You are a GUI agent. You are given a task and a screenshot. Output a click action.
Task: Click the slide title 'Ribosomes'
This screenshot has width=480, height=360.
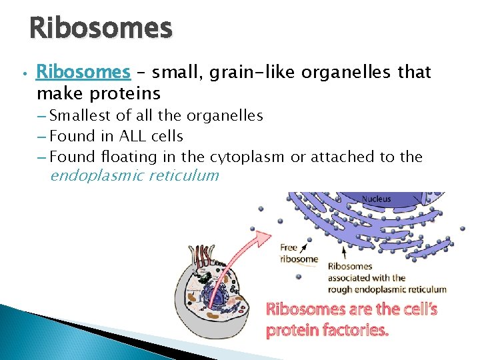(101, 29)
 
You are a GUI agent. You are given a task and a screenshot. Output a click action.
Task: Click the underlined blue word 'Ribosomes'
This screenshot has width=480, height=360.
(83, 71)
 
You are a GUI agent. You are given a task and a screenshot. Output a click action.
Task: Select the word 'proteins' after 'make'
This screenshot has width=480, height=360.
(127, 92)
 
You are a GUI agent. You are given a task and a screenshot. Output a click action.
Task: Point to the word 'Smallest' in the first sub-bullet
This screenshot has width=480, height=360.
(79, 116)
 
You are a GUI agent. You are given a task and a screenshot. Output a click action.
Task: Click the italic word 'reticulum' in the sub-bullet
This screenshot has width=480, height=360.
(185, 176)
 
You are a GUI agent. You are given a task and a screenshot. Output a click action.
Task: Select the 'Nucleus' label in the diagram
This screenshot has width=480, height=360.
(377, 199)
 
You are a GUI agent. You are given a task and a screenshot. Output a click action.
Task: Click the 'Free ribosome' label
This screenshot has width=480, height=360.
(299, 253)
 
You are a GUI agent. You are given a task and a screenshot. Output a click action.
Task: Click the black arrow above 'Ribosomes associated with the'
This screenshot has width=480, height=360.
(344, 253)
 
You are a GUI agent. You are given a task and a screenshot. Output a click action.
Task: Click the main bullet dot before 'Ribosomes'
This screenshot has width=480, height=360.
(23, 73)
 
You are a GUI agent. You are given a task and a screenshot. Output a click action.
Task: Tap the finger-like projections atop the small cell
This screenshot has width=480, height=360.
(203, 256)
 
